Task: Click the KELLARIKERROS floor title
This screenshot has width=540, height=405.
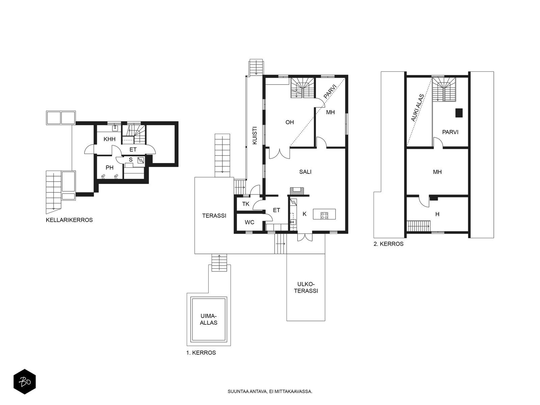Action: click(x=69, y=220)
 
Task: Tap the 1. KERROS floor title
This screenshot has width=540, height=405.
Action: click(x=201, y=353)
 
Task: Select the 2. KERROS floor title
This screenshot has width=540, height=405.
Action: click(x=388, y=244)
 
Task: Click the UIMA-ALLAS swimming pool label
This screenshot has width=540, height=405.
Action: click(x=209, y=319)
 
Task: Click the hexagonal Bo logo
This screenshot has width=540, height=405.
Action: click(x=25, y=382)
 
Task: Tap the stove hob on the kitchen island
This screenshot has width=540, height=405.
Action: click(x=324, y=215)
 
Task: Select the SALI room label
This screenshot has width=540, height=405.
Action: click(x=305, y=172)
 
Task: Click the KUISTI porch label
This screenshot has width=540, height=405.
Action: click(x=254, y=135)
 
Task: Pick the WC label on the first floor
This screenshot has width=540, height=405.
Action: click(x=249, y=222)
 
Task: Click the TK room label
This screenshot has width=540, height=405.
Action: click(x=245, y=204)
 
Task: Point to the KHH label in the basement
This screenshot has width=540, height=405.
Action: click(x=109, y=139)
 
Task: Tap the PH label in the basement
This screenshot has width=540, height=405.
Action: click(x=109, y=168)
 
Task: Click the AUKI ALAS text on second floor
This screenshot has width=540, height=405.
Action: click(x=417, y=108)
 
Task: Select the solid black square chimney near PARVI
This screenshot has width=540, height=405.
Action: click(x=459, y=113)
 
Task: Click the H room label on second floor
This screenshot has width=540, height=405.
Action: click(x=437, y=214)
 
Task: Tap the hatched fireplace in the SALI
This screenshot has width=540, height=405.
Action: click(x=297, y=191)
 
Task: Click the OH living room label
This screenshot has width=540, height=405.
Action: click(x=290, y=122)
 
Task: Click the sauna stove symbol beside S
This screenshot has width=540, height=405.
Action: click(x=141, y=160)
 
